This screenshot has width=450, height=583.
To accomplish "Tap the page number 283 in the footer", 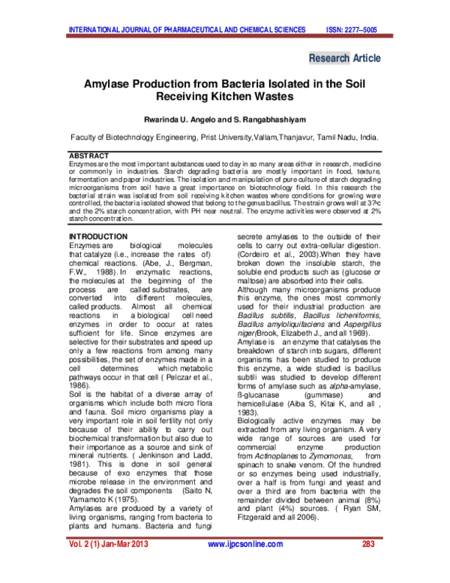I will pos(367,544).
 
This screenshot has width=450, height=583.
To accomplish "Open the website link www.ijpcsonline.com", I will pos(244,544).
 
